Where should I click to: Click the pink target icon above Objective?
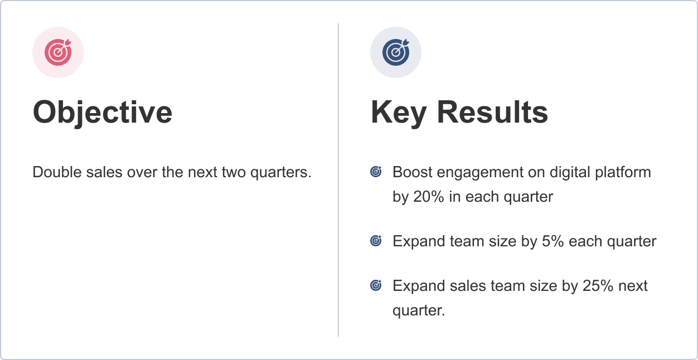(x=58, y=52)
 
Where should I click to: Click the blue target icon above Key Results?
(x=396, y=52)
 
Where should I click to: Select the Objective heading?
(x=103, y=112)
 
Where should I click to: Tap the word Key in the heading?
(x=398, y=112)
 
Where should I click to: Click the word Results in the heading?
(x=492, y=112)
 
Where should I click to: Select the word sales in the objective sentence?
(x=105, y=172)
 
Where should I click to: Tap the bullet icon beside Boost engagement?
(x=376, y=172)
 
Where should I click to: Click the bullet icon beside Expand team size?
(x=376, y=241)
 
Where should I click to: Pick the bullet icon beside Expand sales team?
(x=376, y=286)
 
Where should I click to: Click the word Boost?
(x=413, y=172)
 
